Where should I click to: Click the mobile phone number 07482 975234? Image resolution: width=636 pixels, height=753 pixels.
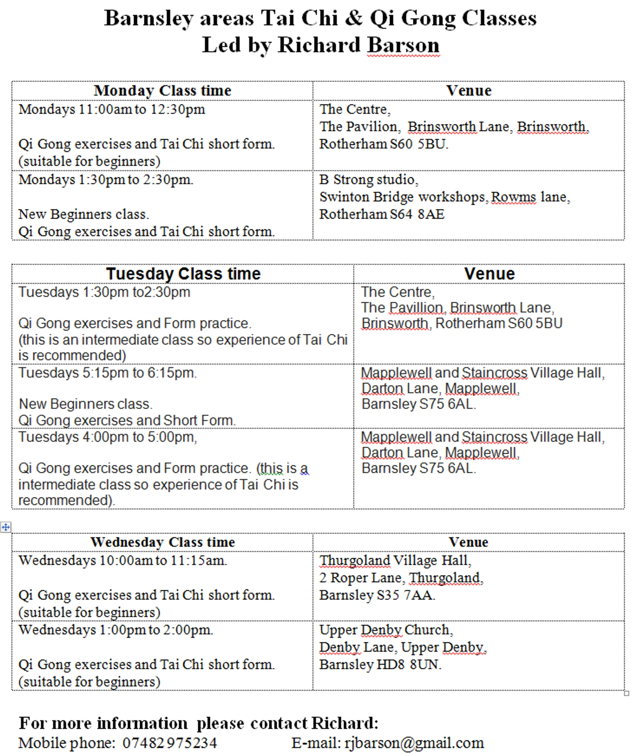tap(170, 742)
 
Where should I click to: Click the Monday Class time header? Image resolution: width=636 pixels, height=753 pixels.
tap(162, 90)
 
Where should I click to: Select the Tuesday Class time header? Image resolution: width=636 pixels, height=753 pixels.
tap(183, 274)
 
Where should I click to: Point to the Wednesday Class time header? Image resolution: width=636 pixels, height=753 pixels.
tap(162, 542)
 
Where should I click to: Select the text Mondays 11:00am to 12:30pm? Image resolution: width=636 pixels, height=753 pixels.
tap(112, 109)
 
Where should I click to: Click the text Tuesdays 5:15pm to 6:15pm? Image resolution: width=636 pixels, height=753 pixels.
tap(107, 373)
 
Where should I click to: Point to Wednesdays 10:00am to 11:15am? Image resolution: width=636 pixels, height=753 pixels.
tap(123, 560)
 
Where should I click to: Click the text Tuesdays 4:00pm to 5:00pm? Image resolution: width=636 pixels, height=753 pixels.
tap(107, 437)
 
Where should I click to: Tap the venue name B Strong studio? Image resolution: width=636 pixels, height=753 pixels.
tap(369, 179)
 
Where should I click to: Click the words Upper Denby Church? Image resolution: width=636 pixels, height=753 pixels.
tap(386, 630)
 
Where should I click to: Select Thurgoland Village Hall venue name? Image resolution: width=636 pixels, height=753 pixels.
tap(395, 560)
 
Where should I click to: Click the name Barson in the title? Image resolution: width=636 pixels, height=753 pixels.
tap(403, 45)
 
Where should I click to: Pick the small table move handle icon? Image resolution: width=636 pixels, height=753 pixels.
tap(6, 527)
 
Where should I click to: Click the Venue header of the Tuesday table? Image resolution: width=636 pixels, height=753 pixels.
tap(489, 274)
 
